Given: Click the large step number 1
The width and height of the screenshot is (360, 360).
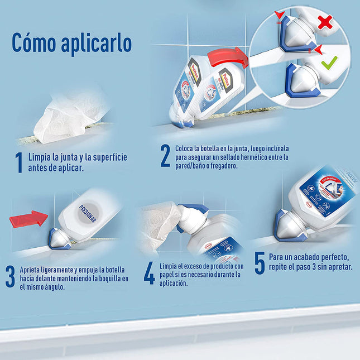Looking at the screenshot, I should click(x=18, y=162).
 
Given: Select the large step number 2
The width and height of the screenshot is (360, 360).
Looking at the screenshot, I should click(x=165, y=157).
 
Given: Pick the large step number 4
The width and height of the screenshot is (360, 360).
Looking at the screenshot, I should click(x=149, y=273).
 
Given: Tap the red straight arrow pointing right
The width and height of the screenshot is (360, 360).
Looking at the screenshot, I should click(x=28, y=219).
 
